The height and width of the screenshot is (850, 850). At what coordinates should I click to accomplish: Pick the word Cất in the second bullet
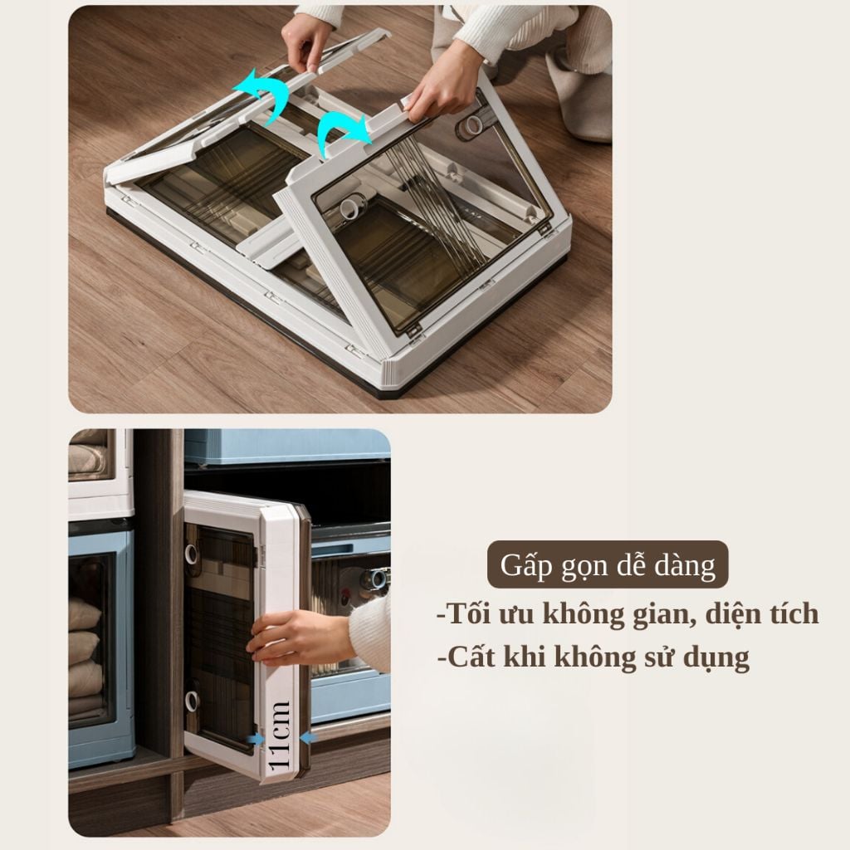pos(471,657)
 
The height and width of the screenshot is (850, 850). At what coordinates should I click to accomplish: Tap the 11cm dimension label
pos(281,735)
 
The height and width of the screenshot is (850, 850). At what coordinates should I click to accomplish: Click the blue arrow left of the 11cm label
pos(256,739)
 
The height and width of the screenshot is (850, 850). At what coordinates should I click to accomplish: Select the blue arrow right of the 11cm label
pos(308,738)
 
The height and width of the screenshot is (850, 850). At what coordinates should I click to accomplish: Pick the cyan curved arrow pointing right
pos(343,131)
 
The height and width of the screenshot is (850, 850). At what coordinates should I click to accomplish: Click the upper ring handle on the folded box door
pos(193,554)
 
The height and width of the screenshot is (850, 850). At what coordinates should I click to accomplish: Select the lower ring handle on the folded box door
pos(193,701)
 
